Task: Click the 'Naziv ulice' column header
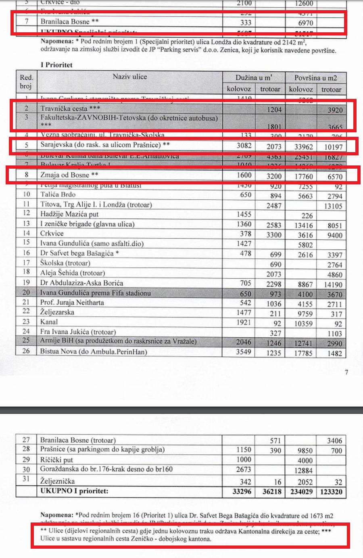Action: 129,77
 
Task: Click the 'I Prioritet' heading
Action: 56,65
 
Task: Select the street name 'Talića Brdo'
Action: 58,194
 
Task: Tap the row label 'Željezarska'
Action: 57,312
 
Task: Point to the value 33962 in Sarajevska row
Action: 301,146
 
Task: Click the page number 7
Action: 346,372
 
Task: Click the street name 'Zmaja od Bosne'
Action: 65,175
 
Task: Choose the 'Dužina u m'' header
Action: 254,77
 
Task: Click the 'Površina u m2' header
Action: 315,77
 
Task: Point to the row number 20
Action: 26,293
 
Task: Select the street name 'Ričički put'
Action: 56,460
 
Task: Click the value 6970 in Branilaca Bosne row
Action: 305,23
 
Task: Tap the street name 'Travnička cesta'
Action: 64,108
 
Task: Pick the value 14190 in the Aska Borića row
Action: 333,284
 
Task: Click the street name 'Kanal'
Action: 49,322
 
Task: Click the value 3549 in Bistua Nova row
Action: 243,352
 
